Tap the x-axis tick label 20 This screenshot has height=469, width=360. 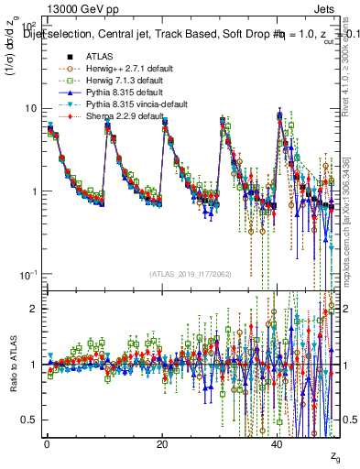pos(162,444)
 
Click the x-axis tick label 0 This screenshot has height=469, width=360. pos(47,444)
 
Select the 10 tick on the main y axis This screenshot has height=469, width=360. pos(31,108)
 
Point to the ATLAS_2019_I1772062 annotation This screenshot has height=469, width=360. pos(190,273)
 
